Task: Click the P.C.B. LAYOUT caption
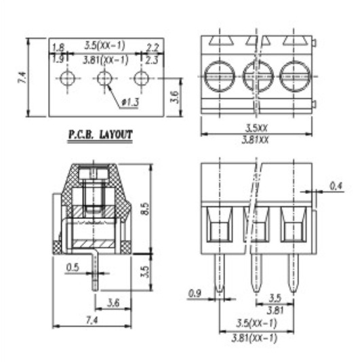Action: [100, 135]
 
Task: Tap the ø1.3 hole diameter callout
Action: [131, 102]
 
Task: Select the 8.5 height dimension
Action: [145, 209]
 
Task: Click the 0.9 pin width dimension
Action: [195, 294]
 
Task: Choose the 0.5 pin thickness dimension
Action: [73, 268]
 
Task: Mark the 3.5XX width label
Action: [256, 127]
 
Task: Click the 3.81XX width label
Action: [256, 140]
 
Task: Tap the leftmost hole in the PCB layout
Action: [67, 78]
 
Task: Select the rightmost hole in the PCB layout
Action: [142, 78]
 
